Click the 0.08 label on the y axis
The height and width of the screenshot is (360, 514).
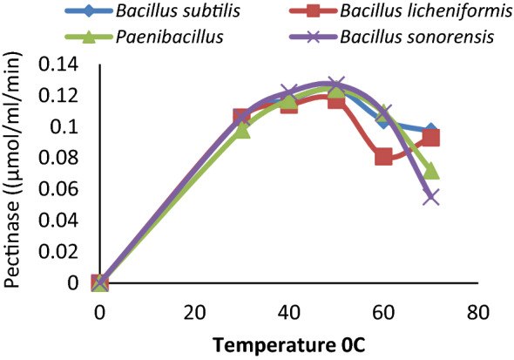(x=64, y=158)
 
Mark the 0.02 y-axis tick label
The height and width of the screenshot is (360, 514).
(x=64, y=252)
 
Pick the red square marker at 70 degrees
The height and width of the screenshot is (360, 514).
(x=430, y=138)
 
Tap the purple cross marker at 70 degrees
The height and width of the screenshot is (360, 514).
(x=430, y=197)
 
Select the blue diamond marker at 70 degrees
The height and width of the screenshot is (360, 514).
(x=430, y=131)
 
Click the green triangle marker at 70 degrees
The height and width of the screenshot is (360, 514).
(x=430, y=170)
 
